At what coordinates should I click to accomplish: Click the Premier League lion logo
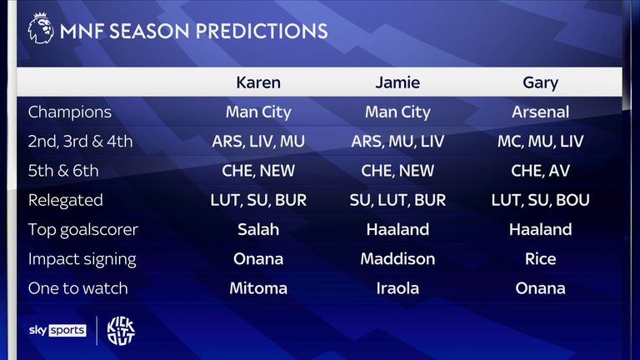(x=40, y=28)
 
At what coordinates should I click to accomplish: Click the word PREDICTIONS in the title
(x=262, y=31)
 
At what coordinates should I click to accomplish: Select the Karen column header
(x=258, y=82)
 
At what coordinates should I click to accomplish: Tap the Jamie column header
(x=397, y=82)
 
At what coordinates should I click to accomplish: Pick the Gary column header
(x=540, y=82)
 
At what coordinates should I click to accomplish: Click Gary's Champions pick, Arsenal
(x=540, y=112)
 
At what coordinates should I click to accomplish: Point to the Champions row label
(x=70, y=112)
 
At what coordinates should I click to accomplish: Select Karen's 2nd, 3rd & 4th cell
(x=258, y=142)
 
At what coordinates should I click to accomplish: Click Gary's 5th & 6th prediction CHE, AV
(x=540, y=171)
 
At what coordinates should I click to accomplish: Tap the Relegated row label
(x=65, y=200)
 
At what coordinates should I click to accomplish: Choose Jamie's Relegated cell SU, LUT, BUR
(x=397, y=200)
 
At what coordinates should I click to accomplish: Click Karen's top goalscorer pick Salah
(x=258, y=229)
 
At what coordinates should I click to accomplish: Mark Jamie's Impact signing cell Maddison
(x=397, y=259)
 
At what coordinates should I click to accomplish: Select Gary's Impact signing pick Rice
(x=540, y=259)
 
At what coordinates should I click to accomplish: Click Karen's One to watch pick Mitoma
(x=258, y=288)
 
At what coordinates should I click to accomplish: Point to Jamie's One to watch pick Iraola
(x=397, y=288)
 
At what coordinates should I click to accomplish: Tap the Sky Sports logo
(x=57, y=330)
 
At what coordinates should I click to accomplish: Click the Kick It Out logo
(x=121, y=331)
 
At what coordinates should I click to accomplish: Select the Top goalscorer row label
(x=82, y=230)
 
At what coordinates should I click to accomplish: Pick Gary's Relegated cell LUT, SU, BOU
(x=540, y=200)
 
